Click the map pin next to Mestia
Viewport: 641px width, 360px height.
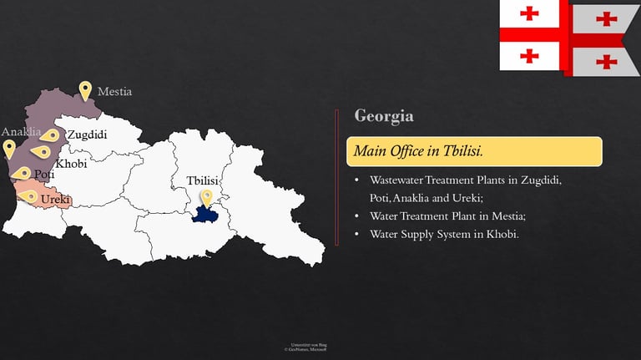click(x=85, y=90)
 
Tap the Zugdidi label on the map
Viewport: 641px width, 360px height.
click(x=88, y=134)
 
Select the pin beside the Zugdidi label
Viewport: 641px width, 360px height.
click(x=51, y=135)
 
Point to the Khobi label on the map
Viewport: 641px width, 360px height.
click(x=71, y=164)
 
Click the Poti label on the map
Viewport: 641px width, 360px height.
click(x=44, y=175)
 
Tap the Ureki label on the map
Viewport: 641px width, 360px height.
click(x=55, y=200)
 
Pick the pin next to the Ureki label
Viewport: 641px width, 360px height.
click(x=30, y=197)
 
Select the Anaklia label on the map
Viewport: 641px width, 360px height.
click(x=21, y=132)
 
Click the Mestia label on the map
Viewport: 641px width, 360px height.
click(x=114, y=91)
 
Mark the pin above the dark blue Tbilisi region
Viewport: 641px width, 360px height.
click(x=206, y=197)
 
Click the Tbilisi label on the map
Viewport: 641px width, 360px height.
click(x=203, y=181)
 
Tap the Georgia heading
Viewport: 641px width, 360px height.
click(x=383, y=116)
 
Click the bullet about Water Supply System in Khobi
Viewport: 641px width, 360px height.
click(x=444, y=234)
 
